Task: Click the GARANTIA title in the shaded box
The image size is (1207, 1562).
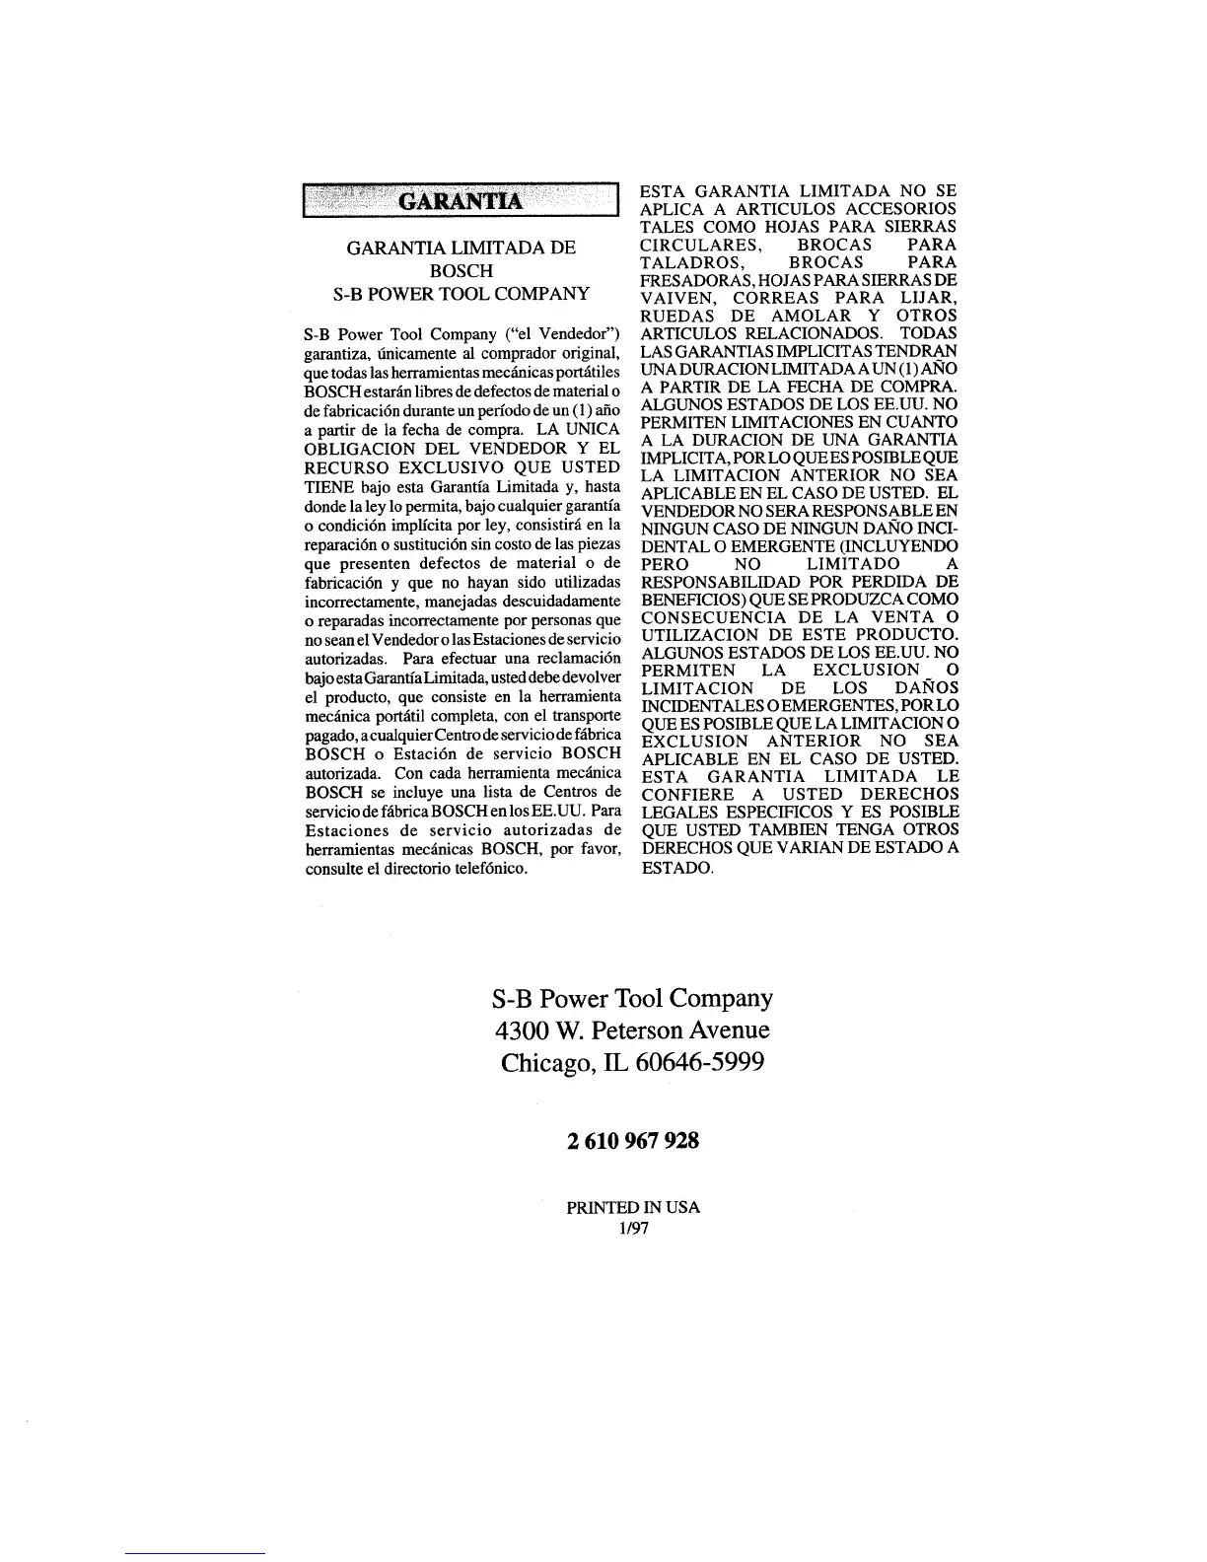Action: pos(460,202)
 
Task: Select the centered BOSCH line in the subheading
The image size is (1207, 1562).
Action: pos(461,271)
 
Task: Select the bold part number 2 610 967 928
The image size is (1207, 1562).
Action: pos(633,1142)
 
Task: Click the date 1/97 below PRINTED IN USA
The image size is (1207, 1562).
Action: pos(633,1229)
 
